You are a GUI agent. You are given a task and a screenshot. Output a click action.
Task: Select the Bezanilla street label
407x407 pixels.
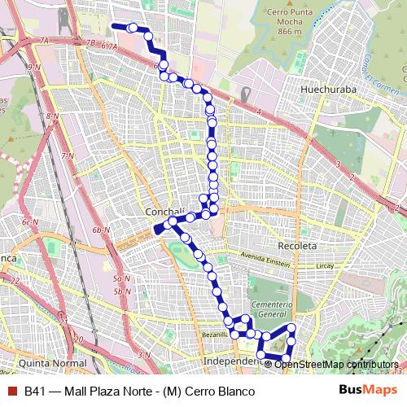coord(215,335)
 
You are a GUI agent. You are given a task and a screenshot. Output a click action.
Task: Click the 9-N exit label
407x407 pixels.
coord(33,67)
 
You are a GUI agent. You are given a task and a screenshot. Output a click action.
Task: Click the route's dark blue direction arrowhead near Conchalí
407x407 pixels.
coord(160,230)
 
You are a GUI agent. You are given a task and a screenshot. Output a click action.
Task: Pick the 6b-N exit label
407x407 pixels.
coord(102,230)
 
